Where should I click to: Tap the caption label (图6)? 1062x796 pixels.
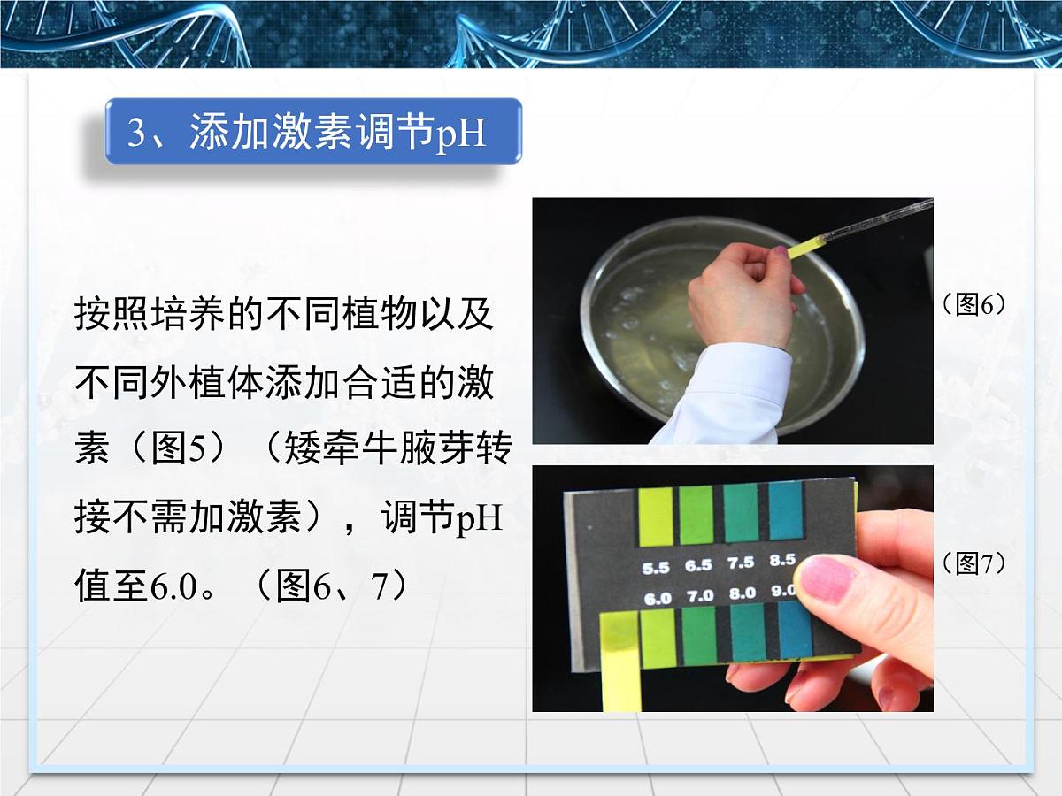pos(975,305)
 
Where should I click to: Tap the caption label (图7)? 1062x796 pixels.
pos(975,563)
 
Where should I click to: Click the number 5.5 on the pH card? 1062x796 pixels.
pos(657,567)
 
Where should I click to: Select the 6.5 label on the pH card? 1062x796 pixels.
pos(698,565)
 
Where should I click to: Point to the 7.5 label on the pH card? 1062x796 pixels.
pos(740,563)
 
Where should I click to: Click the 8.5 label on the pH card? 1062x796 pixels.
pos(782,560)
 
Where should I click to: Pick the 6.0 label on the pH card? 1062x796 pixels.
pos(658,599)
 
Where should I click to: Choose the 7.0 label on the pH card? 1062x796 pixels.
pos(700,596)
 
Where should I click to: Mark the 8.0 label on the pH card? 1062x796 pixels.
pos(742,593)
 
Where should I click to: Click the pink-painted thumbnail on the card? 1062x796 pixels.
pos(826,580)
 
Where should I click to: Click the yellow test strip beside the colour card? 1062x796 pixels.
pos(619,663)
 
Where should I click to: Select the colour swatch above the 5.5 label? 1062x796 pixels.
pos(656,517)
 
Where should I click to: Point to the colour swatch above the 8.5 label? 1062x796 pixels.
pos(785,510)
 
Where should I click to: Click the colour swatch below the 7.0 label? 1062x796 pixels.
pos(700,635)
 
